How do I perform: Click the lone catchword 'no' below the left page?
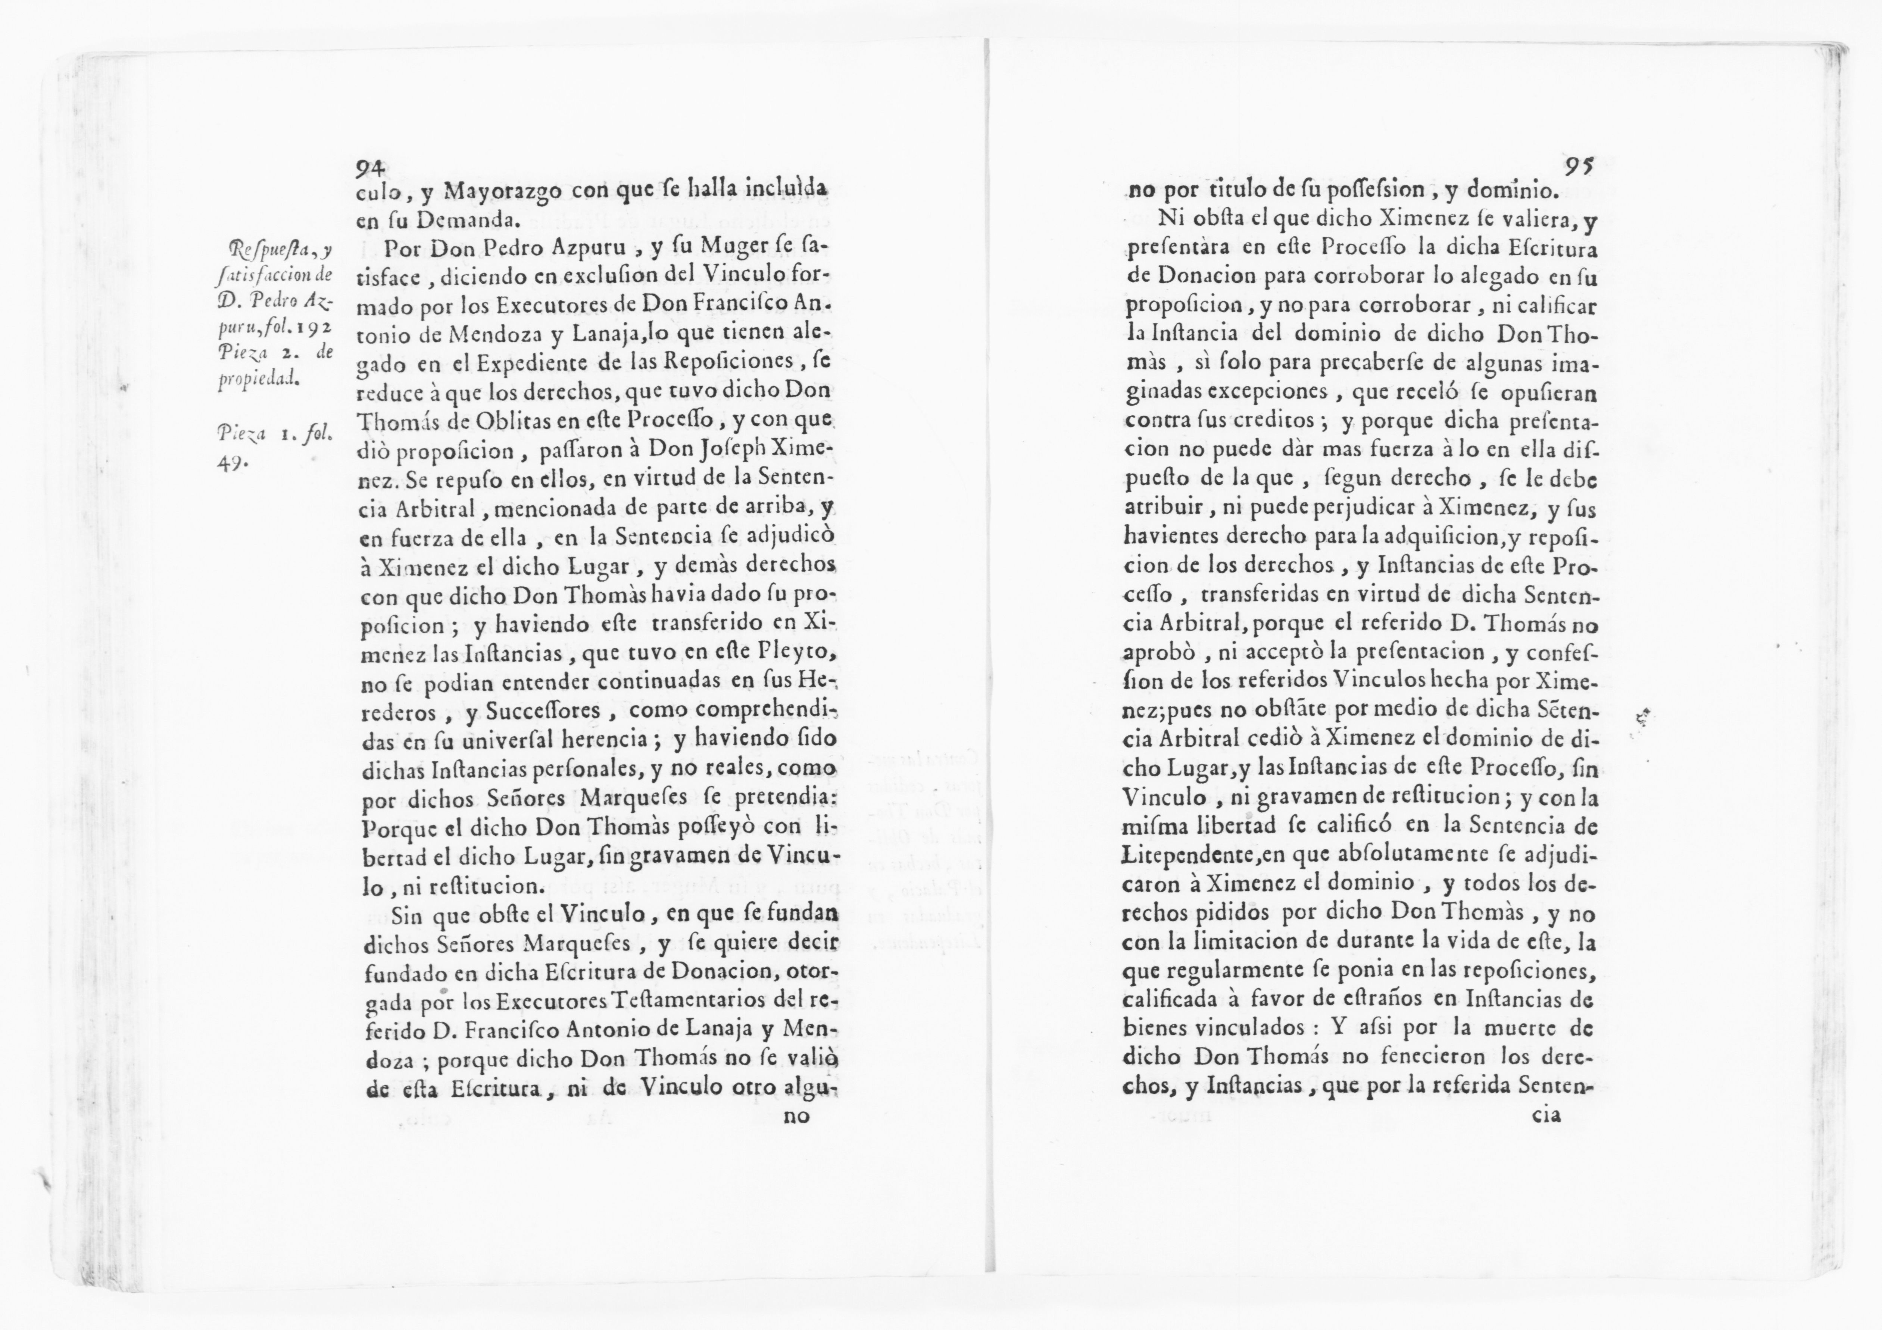click(x=797, y=1116)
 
